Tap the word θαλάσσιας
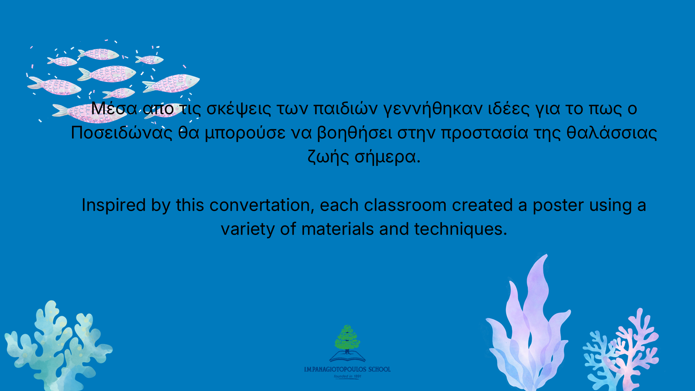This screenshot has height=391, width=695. pyautogui.click(x=612, y=133)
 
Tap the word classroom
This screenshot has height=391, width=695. pyautogui.click(x=405, y=205)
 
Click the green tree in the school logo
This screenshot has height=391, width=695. pyautogui.click(x=347, y=338)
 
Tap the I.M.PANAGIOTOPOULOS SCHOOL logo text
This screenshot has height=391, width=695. pyautogui.click(x=347, y=369)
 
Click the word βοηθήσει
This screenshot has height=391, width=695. pyautogui.click(x=354, y=133)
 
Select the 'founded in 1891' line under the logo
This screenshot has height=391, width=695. pyautogui.click(x=347, y=377)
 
